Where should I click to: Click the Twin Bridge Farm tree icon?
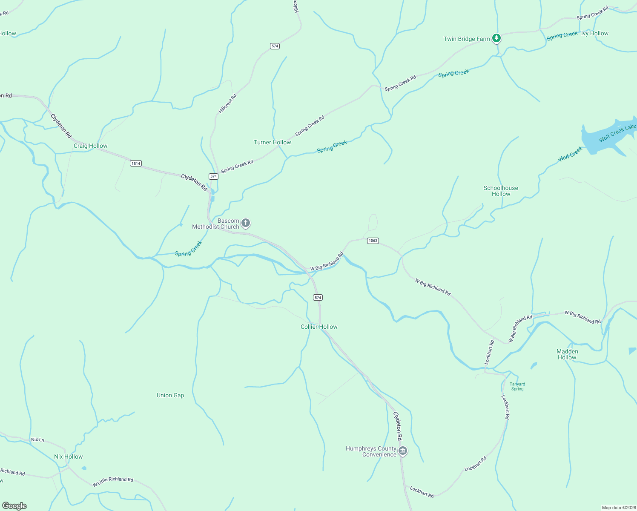496,38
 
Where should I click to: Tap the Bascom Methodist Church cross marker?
246,223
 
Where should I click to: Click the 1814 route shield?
136,164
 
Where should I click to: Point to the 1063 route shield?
373,241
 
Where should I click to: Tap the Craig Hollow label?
90,146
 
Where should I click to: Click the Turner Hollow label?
273,142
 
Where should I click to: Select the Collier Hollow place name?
319,327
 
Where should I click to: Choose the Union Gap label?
170,395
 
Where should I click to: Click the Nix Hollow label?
69,456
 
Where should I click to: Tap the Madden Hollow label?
567,354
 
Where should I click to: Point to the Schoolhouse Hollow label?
501,191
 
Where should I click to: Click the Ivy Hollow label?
595,33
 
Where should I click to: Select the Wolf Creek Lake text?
617,133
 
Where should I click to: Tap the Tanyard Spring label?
517,386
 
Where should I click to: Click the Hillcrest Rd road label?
227,103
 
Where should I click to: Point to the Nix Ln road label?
37,439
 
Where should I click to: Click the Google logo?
14,505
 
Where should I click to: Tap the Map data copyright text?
618,508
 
